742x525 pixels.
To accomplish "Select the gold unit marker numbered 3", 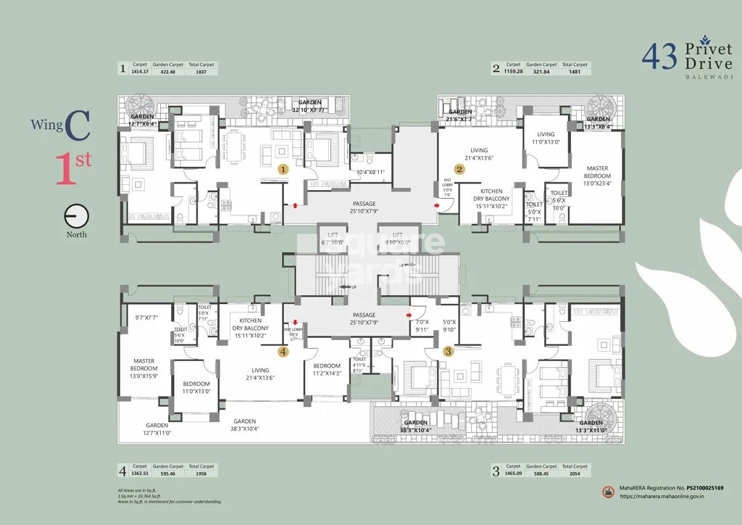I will [x=449, y=351].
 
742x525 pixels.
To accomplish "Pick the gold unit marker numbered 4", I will [x=283, y=352].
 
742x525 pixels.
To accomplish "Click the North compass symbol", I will [x=76, y=218].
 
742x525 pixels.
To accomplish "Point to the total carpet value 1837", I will [x=201, y=71].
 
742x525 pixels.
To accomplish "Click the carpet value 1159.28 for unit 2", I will [x=513, y=71].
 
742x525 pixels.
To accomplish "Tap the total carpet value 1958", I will [x=201, y=474].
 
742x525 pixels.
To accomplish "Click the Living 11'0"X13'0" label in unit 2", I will [x=546, y=139].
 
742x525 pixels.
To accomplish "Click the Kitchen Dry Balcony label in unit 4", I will [x=250, y=328].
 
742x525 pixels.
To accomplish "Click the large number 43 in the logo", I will [x=659, y=57].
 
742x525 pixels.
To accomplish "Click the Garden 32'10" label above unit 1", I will [x=309, y=106].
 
